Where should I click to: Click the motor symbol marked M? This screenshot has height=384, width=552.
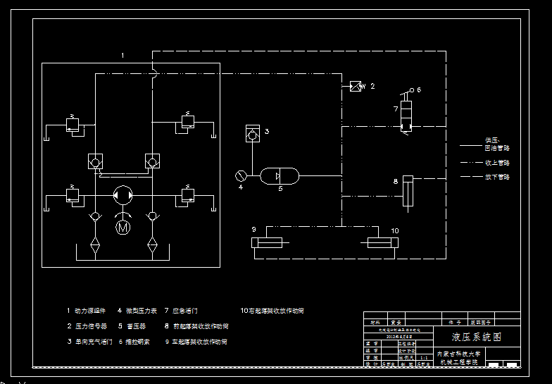tap(123, 227)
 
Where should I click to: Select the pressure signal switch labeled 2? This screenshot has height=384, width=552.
tap(356, 86)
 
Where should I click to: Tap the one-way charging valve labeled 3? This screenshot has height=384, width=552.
tap(252, 132)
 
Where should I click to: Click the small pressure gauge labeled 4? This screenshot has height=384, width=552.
tap(241, 175)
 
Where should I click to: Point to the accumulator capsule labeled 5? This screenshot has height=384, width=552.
tap(280, 175)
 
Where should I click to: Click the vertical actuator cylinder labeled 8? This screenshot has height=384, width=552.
tap(407, 192)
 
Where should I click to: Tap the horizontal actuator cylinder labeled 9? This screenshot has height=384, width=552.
tap(267, 243)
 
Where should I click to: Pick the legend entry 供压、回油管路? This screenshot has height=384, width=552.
tap(496, 144)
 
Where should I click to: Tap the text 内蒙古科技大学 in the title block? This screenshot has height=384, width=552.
tap(458, 354)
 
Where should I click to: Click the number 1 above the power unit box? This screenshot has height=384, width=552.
tap(123, 55)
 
